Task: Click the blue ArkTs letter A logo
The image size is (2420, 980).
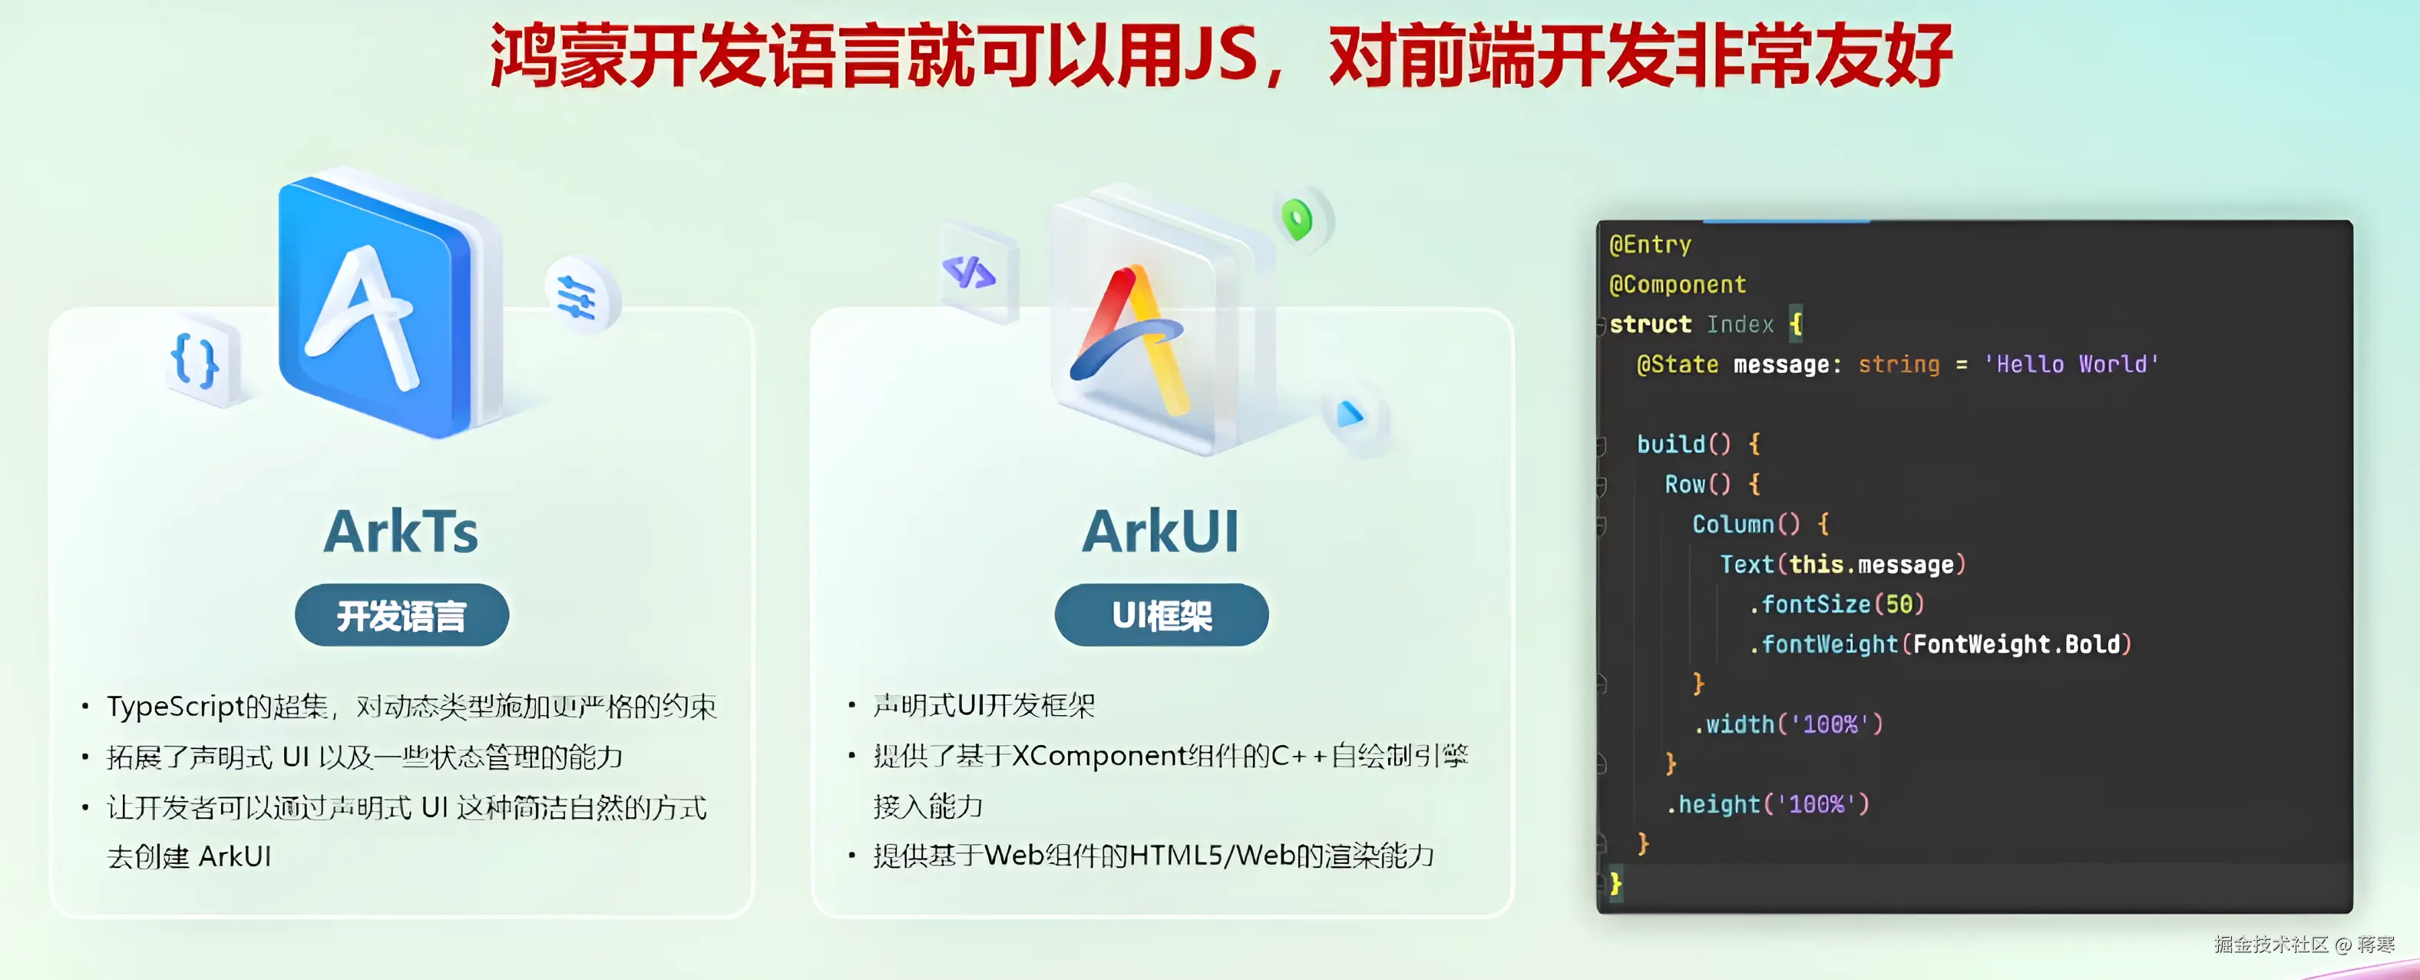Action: (375, 306)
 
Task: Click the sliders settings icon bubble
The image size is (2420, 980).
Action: (580, 295)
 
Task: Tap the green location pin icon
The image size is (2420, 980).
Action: (1299, 219)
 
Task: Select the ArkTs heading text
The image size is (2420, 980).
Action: (401, 531)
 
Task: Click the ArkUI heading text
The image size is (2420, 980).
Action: (1161, 531)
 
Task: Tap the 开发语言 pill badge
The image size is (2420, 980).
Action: (402, 615)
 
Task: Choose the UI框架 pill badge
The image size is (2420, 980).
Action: (1162, 615)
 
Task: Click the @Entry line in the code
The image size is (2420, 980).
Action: (1651, 245)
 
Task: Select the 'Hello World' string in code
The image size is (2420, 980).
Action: (2071, 365)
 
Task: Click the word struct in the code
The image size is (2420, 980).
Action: (1651, 324)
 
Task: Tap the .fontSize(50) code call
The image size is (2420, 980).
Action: (1836, 604)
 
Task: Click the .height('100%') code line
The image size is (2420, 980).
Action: (1767, 804)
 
